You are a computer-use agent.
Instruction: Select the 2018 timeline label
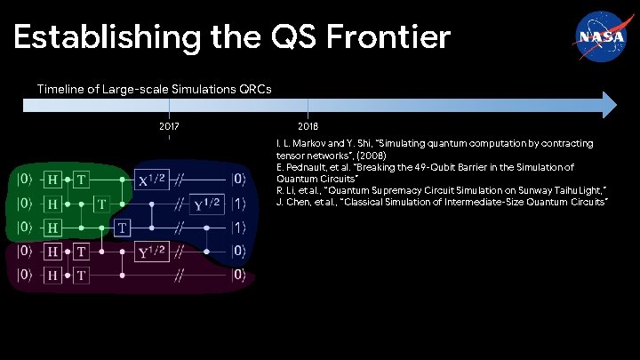tap(308, 127)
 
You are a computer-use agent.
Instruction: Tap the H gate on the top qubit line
tap(55, 180)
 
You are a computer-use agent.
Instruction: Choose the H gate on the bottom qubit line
tap(55, 276)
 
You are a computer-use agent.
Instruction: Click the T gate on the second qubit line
tap(102, 204)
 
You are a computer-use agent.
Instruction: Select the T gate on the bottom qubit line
tap(82, 276)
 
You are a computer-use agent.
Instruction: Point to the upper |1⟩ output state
tap(238, 204)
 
